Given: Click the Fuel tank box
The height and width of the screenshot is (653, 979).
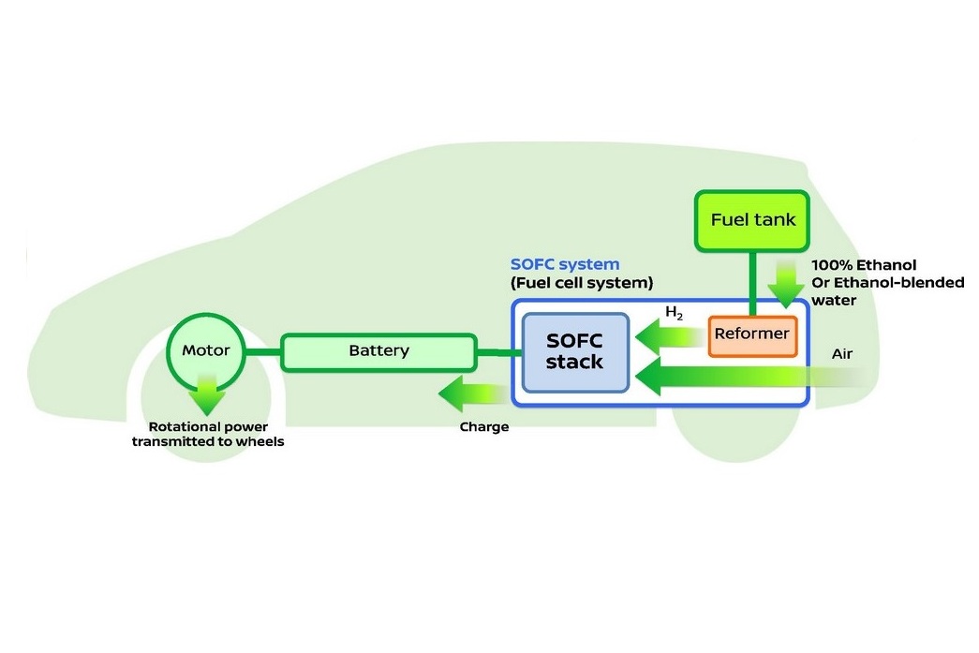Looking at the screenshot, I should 752,221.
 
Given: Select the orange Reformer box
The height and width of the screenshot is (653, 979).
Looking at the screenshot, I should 751,334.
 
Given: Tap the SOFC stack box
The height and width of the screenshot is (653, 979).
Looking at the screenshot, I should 574,351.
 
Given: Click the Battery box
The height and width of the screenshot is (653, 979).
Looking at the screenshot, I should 378,351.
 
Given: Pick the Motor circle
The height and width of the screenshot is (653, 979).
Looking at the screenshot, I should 205,351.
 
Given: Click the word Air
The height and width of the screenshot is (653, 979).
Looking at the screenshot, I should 841,355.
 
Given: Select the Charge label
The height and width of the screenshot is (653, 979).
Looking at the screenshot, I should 483,427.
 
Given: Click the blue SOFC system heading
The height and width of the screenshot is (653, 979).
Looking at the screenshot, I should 565,265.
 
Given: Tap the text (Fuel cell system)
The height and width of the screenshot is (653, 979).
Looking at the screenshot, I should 581,282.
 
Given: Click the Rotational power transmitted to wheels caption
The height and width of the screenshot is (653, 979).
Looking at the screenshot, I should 207,435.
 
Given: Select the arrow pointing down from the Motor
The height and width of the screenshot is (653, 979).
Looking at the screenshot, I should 206,393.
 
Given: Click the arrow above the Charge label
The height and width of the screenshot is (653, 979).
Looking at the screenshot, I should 473,393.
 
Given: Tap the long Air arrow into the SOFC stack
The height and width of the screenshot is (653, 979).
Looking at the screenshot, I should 740,377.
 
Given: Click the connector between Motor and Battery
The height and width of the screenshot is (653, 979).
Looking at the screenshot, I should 263,351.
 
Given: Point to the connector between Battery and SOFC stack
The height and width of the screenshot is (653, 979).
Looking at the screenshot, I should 498,352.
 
